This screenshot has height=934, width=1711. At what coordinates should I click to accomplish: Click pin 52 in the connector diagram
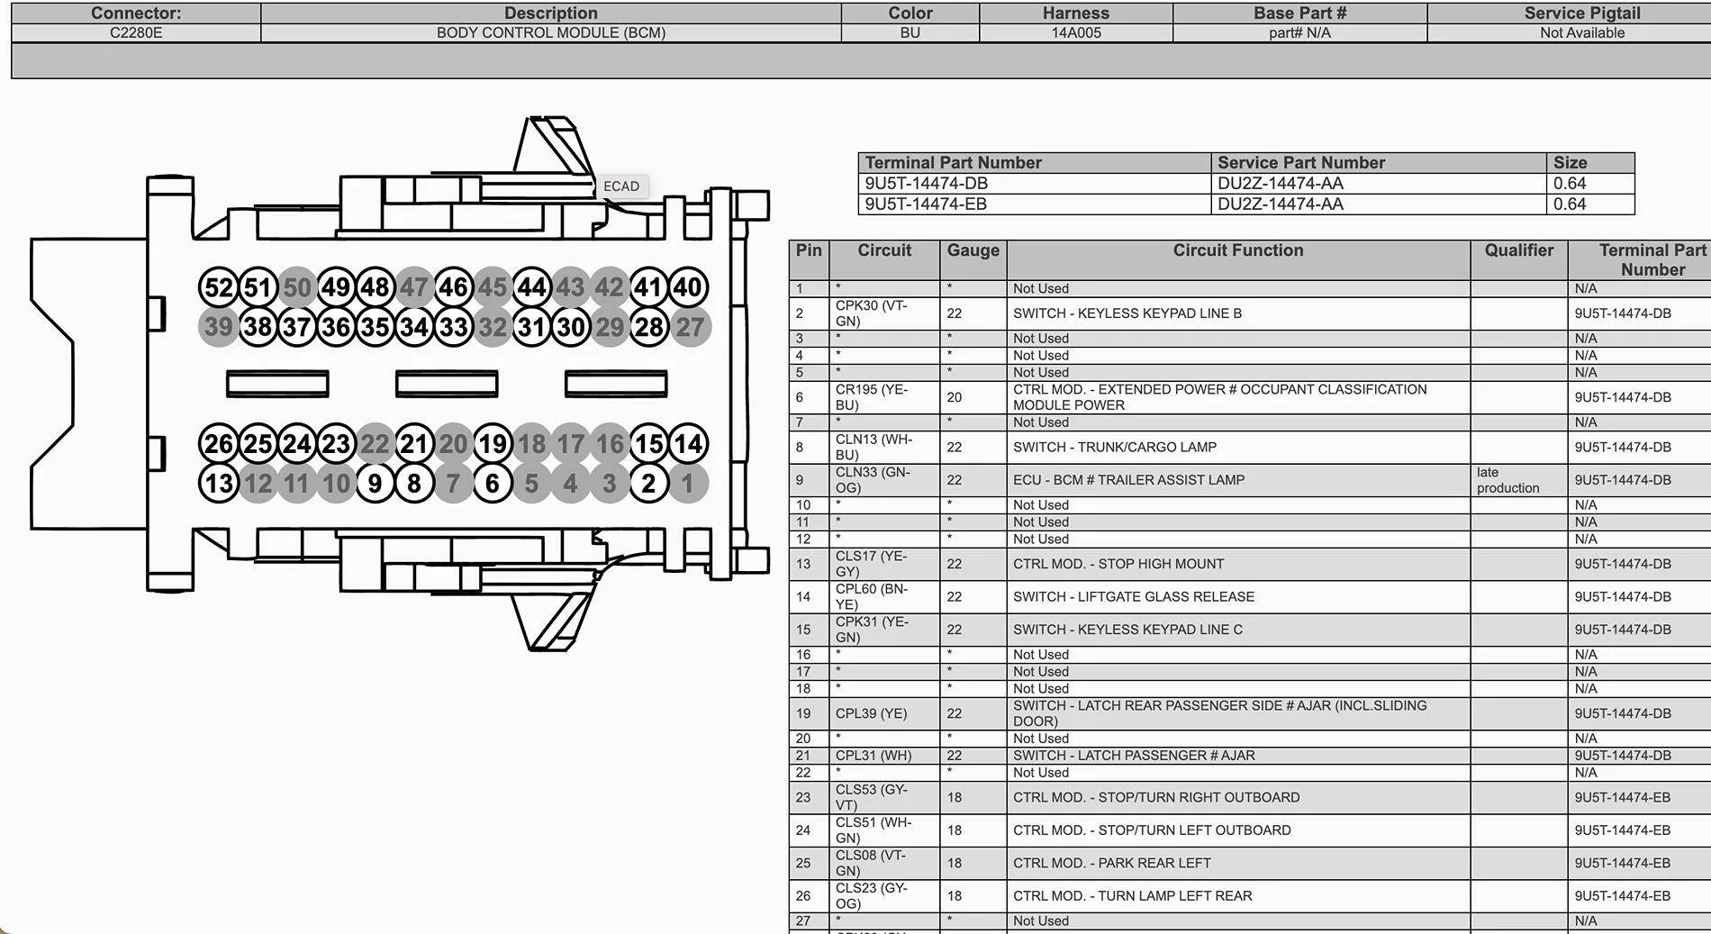(x=218, y=287)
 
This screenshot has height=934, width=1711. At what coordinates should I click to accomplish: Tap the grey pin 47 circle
(x=413, y=287)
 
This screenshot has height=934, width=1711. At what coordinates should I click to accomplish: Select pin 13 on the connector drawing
(x=218, y=484)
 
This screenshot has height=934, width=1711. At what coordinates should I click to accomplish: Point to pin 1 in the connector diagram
(x=688, y=484)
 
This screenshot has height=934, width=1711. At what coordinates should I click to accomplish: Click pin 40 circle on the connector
(x=688, y=287)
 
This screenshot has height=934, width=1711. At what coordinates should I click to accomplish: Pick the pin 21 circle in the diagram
(x=413, y=444)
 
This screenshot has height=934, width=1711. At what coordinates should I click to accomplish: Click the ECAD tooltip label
(x=621, y=186)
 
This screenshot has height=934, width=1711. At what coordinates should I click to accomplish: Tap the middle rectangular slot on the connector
(x=447, y=384)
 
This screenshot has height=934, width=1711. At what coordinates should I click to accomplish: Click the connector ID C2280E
(x=136, y=32)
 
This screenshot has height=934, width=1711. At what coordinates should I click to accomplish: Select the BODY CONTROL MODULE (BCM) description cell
(x=551, y=32)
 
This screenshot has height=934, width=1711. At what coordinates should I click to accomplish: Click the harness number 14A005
(x=1076, y=32)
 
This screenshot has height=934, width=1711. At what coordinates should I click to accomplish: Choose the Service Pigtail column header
(x=1581, y=13)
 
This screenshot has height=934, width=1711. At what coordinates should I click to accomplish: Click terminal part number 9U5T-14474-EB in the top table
(x=926, y=204)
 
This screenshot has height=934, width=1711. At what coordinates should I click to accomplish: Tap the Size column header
(x=1570, y=162)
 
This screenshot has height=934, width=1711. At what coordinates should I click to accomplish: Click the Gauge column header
(x=973, y=250)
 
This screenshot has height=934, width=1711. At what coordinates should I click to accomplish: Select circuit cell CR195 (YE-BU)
(x=871, y=397)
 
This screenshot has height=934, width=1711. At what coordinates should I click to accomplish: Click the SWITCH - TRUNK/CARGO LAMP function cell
(x=1114, y=447)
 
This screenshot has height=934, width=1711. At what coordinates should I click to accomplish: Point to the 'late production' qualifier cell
(x=1507, y=480)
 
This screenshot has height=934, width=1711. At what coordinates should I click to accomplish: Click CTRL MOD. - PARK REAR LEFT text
(x=1111, y=863)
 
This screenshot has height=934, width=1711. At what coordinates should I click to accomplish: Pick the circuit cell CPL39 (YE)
(x=871, y=713)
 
